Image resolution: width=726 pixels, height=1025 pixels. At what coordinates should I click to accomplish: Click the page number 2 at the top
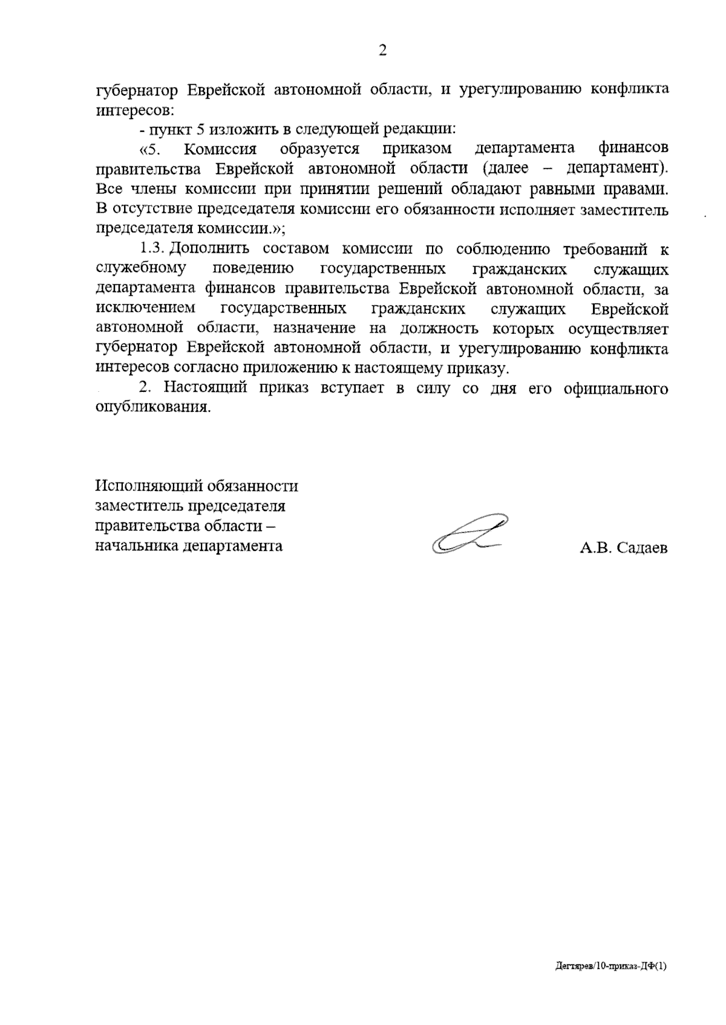click(382, 51)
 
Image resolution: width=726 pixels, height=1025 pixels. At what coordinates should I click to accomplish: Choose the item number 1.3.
click(153, 249)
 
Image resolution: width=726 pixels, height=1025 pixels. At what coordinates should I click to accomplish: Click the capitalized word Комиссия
click(220, 149)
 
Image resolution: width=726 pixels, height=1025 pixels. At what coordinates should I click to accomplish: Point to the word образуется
click(319, 149)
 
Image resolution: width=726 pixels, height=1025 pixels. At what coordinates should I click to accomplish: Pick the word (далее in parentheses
click(506, 168)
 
